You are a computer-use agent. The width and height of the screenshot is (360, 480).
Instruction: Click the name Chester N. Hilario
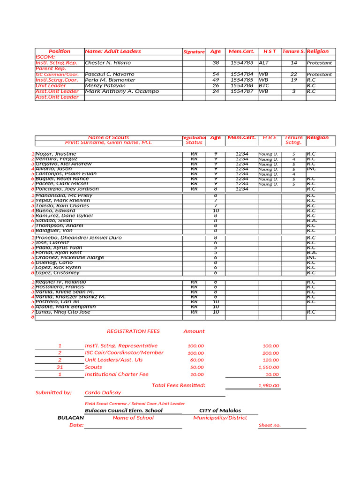(108, 63)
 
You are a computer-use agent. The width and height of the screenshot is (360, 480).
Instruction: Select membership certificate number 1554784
(241, 75)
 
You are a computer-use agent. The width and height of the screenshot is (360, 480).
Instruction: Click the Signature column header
(194, 52)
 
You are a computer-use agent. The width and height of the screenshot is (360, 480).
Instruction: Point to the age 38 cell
(216, 63)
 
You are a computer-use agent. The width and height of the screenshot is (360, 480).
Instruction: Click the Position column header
(60, 52)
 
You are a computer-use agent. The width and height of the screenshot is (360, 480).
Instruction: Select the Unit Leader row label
(51, 86)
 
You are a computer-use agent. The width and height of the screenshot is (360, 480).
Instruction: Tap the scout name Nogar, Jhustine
(55, 154)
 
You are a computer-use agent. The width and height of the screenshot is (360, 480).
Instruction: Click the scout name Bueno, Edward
(55, 211)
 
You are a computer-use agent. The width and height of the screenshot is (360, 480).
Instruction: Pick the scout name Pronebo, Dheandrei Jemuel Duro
(78, 238)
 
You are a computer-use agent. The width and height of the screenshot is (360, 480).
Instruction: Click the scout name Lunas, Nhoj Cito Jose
(63, 312)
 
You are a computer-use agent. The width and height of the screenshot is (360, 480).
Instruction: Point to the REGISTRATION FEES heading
(133, 331)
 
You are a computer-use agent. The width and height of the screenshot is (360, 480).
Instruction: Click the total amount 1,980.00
(269, 386)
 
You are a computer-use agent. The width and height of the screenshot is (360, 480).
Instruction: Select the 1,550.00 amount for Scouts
(269, 367)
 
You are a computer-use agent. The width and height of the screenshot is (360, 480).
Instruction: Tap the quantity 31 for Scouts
(60, 367)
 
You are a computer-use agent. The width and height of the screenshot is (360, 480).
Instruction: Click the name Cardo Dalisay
(103, 393)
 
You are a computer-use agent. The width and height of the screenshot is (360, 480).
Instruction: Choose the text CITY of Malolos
(220, 411)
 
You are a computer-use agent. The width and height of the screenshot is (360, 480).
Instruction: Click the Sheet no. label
(270, 426)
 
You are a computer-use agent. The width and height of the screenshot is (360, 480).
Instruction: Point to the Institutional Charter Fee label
(116, 375)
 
